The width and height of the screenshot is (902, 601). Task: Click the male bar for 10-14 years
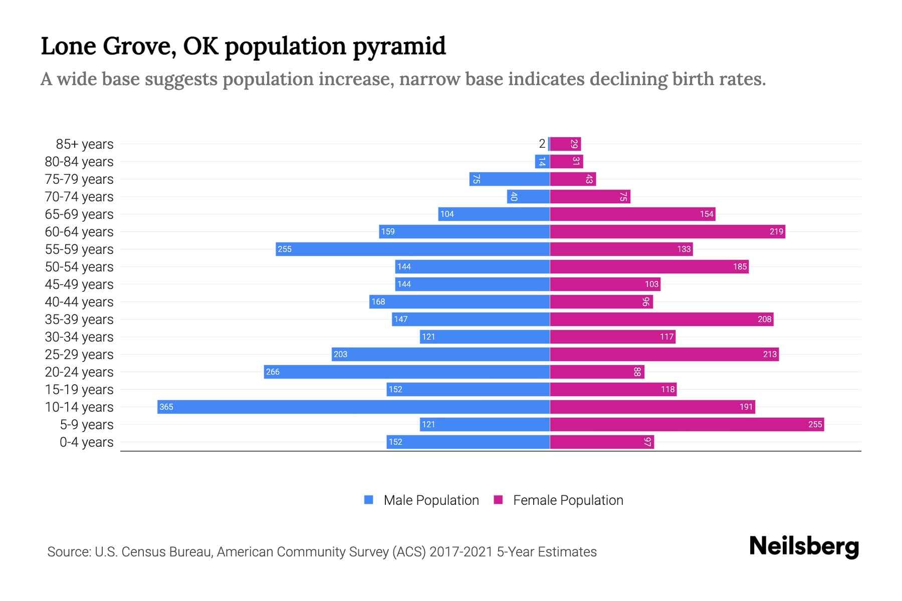(353, 407)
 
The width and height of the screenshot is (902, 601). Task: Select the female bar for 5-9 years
(687, 424)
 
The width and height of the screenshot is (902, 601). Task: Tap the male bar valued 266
(406, 372)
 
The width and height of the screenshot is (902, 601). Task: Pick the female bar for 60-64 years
(667, 231)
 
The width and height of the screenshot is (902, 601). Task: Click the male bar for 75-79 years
(509, 179)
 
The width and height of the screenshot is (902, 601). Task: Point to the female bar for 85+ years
(565, 144)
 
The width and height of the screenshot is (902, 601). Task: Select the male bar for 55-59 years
(412, 249)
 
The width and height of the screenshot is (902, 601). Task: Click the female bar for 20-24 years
(597, 372)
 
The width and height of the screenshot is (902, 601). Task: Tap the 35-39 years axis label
(79, 319)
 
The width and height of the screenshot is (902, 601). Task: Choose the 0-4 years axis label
(86, 442)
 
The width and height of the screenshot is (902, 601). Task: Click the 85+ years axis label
(84, 144)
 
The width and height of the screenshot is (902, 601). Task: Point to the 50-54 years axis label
(79, 266)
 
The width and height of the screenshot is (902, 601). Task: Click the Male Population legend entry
(431, 500)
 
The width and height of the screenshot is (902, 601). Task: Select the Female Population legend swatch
(498, 500)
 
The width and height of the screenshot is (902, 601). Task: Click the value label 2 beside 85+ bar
(542, 144)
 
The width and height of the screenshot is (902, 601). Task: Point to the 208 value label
(764, 319)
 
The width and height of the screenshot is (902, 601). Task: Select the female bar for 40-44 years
(601, 302)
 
